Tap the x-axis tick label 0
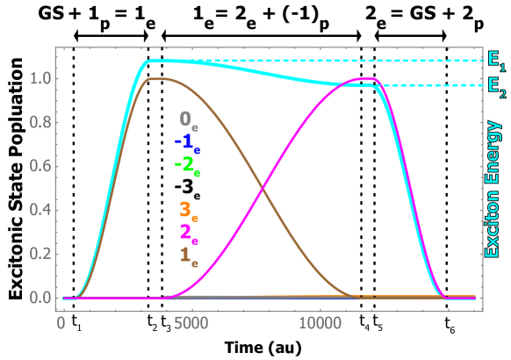click(x=61, y=323)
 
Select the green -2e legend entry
click(x=186, y=164)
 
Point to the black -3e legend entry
click(x=186, y=187)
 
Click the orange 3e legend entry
click(x=188, y=210)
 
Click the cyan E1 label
click(x=496, y=61)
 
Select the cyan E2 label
click(x=496, y=86)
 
